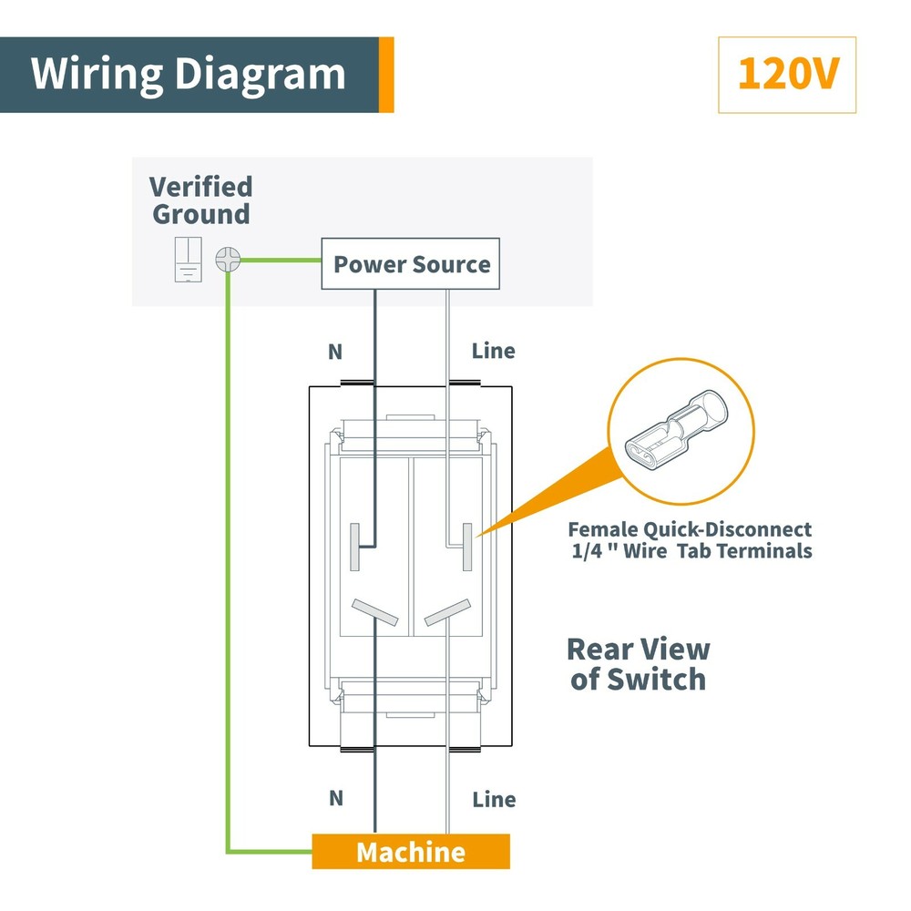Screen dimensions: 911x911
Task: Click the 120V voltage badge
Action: coord(787,75)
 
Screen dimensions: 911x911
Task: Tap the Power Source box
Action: coord(411,265)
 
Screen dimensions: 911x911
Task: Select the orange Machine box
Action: coord(411,852)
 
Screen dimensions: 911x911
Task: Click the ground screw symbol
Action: coord(227,260)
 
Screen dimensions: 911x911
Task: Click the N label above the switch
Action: coord(334,351)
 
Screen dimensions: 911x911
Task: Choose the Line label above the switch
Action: coord(493,351)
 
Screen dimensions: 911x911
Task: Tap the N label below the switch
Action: coord(336,798)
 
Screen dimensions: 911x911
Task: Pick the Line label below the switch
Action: coord(494,799)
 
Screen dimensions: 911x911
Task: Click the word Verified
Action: coord(200,188)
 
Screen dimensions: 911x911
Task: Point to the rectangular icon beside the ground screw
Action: coord(188,260)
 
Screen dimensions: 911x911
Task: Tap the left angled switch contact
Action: coord(375,612)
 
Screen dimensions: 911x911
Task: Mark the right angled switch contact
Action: coord(446,612)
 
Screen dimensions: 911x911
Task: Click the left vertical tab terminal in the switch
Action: coord(356,547)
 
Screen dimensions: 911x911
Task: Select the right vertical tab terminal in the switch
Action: coord(467,547)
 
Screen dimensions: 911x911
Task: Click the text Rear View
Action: coord(638,650)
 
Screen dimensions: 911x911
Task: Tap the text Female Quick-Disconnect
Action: coord(690,529)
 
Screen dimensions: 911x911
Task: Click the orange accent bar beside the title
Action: coord(385,75)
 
